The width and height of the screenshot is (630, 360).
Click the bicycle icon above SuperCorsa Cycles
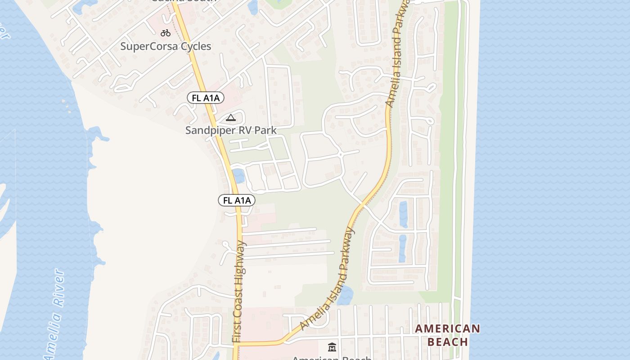(x=166, y=32)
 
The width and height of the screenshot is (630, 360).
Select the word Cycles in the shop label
(x=196, y=46)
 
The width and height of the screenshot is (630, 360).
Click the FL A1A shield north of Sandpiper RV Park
(x=206, y=98)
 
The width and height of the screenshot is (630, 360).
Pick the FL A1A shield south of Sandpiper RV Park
(x=237, y=200)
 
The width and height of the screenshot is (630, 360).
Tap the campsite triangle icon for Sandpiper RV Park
(x=231, y=118)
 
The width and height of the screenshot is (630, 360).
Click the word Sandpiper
(x=208, y=130)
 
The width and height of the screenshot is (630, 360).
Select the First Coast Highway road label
(x=239, y=292)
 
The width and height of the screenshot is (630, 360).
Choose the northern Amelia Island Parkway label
(x=396, y=54)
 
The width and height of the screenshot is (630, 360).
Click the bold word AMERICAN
(x=447, y=328)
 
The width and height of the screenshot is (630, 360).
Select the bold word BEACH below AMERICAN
(x=447, y=342)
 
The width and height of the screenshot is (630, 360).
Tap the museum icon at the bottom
(x=332, y=347)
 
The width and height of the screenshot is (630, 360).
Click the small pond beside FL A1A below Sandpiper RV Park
(x=239, y=176)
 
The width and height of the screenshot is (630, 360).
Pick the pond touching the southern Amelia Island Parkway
(x=345, y=296)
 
